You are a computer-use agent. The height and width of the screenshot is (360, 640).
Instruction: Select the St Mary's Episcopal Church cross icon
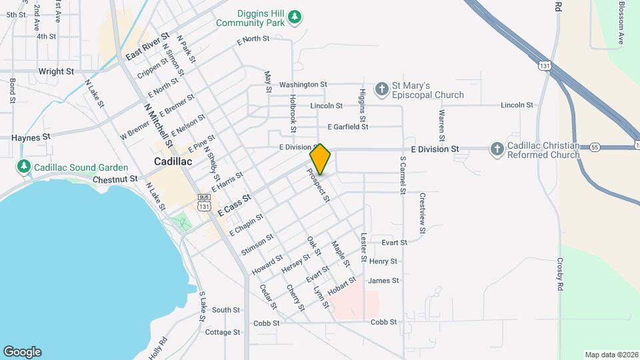pos(381,89)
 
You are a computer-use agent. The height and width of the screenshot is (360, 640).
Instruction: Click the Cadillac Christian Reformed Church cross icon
pos(497,149)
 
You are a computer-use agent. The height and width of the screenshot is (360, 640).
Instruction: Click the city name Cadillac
pos(173,161)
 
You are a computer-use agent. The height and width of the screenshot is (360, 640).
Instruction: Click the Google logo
pos(22,352)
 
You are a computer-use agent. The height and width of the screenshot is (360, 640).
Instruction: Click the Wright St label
pos(56,71)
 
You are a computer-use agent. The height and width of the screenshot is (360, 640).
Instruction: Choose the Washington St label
pos(303,85)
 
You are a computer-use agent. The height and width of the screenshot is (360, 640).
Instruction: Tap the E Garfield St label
pos(347,127)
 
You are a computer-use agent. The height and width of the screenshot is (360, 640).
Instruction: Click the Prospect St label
pos(318,184)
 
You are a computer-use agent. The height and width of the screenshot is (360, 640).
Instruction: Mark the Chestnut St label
pos(115,179)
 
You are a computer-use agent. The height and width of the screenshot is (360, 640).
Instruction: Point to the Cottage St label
pos(223,332)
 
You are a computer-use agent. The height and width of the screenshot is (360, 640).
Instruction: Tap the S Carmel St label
pos(403,175)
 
